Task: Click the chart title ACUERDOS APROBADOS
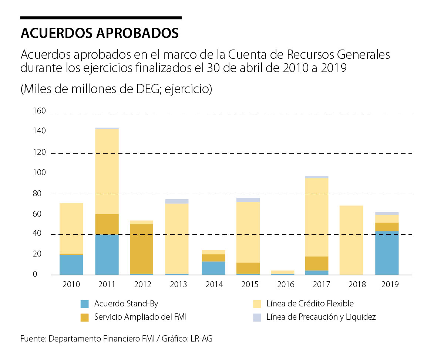point(100,33)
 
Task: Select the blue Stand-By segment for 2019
point(387,253)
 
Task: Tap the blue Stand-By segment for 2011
point(107,255)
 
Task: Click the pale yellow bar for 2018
point(351,240)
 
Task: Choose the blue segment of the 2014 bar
point(214,268)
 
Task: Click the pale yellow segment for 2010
point(71,228)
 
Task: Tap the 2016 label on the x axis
point(285,284)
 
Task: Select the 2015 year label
point(250,284)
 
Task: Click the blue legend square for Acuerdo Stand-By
point(85,304)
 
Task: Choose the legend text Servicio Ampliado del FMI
point(143,317)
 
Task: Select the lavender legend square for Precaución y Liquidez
point(257,317)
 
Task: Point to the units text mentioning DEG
point(116,89)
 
